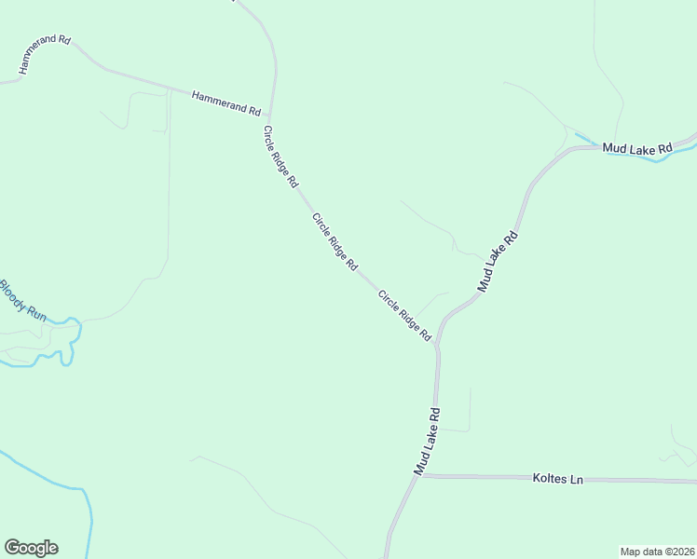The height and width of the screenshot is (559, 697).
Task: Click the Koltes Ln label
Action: [557, 479]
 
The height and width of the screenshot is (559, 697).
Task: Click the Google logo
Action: [31, 548]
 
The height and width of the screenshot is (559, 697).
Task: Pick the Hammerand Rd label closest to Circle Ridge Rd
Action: [225, 102]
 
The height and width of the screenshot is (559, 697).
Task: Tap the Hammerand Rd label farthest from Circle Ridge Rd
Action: [45, 54]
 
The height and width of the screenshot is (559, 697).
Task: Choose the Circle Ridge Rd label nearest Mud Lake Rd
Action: [404, 314]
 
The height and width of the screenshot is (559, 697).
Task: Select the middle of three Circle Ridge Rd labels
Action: [335, 241]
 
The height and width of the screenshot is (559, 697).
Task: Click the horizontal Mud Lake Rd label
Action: [637, 148]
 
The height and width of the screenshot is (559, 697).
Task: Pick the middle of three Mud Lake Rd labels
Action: [497, 262]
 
